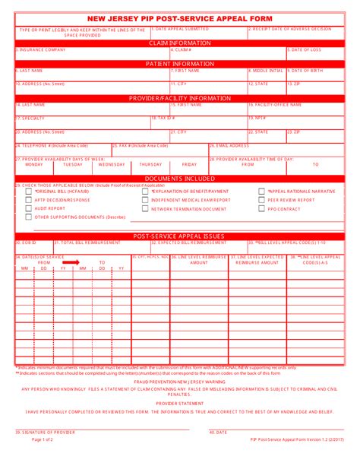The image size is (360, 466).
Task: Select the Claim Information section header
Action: tap(179, 43)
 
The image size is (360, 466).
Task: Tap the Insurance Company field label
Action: tap(41, 50)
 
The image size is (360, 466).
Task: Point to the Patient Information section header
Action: tap(179, 64)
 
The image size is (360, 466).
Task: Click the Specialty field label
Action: tap(31, 119)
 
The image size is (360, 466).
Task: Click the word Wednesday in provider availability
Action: tap(112, 164)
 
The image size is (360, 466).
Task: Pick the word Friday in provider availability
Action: tap(189, 164)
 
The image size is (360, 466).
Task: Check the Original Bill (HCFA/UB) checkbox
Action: tap(29, 192)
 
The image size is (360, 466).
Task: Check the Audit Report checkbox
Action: tap(29, 208)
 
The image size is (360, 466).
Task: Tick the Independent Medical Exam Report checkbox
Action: tap(145, 200)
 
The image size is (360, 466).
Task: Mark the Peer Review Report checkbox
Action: tap(262, 200)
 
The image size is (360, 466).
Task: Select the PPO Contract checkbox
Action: tap(262, 208)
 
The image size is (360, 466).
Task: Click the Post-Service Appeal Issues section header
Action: tap(179, 236)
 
